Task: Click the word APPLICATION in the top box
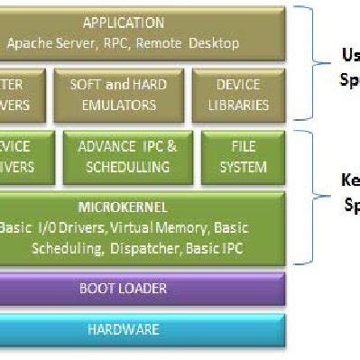[124, 23]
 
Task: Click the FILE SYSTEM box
[244, 157]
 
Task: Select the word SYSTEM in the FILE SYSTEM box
[244, 167]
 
